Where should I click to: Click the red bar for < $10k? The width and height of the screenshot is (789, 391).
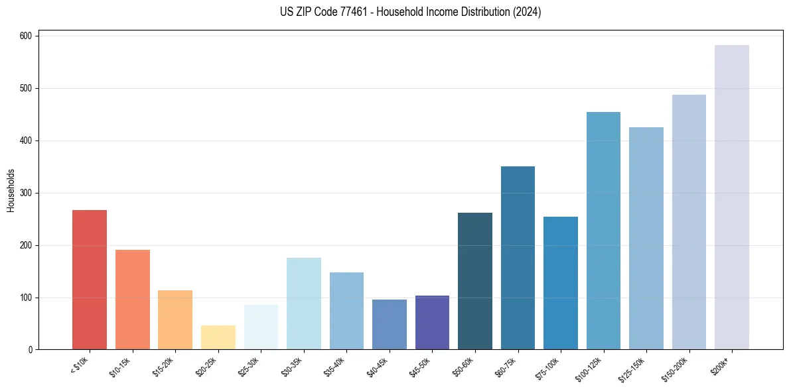[x=90, y=280]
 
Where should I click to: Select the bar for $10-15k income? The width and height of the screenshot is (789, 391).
[x=132, y=300]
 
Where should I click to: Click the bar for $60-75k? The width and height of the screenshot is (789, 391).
[x=518, y=258]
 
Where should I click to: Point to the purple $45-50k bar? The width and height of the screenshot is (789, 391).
[x=432, y=323]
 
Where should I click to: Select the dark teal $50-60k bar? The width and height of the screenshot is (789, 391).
[x=475, y=281]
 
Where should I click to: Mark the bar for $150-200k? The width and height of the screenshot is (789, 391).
[x=689, y=222]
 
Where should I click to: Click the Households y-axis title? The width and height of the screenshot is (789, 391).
[x=11, y=190]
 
